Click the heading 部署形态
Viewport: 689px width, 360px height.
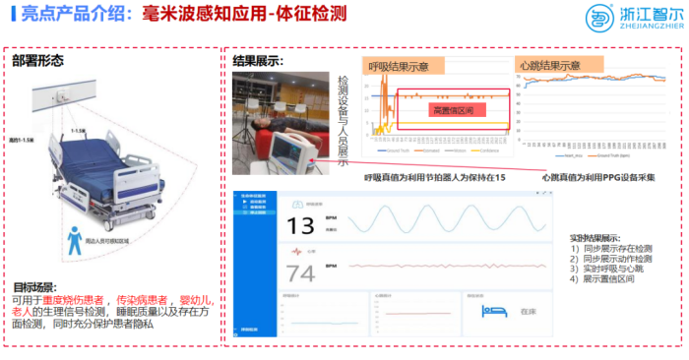coord(38,60)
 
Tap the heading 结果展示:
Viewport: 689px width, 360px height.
coord(258,61)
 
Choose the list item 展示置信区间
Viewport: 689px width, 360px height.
coord(607,278)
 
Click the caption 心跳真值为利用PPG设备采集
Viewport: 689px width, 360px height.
coord(600,178)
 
